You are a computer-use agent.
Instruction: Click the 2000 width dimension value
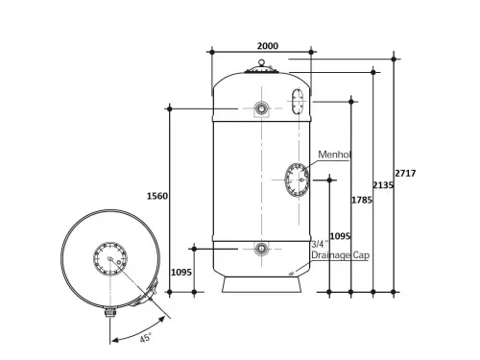point(268,46)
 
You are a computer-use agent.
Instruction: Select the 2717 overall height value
point(405,173)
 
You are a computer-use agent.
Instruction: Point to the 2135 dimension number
point(383,185)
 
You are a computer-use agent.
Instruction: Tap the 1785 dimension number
point(362,200)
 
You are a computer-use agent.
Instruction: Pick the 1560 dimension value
point(157,196)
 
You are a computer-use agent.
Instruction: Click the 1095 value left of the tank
point(181,273)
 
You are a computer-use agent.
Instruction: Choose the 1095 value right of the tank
point(341,236)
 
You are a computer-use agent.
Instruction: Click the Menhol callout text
point(334,155)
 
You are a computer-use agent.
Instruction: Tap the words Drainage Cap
point(341,255)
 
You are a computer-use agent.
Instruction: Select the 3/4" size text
point(320,245)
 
